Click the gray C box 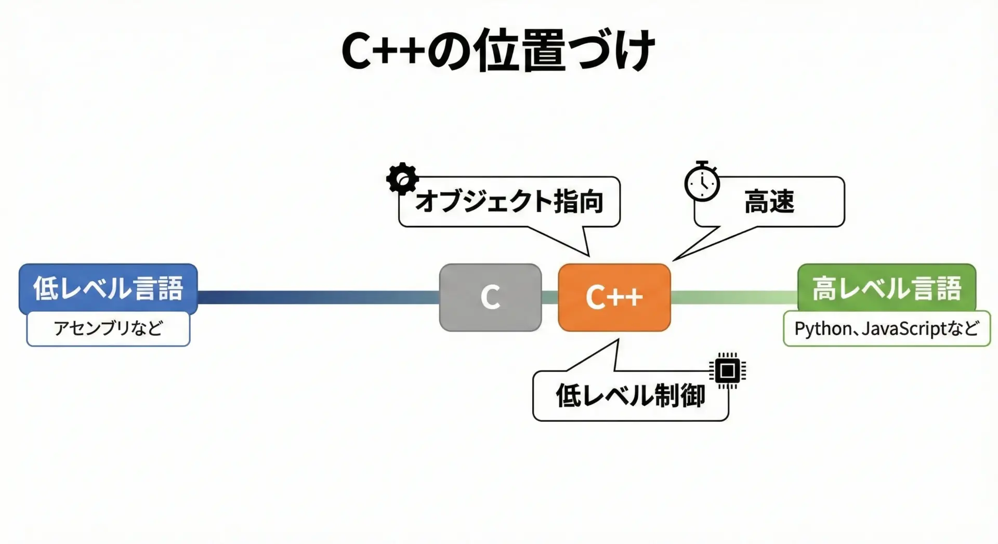click(490, 297)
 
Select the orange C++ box click(614, 297)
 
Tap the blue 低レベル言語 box click(108, 288)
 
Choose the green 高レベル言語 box click(887, 288)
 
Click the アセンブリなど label click(108, 328)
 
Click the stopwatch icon click(702, 181)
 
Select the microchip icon click(728, 371)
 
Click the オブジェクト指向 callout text click(509, 202)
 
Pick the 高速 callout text click(769, 202)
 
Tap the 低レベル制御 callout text click(631, 396)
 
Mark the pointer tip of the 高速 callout click(674, 260)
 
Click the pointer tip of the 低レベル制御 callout click(618, 340)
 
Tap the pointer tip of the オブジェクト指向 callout click(588, 256)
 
